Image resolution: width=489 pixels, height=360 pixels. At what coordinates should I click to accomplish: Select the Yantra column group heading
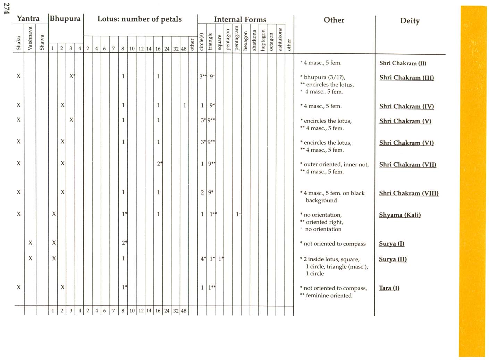[28, 18]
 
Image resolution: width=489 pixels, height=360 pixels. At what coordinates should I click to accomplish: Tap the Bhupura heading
[65, 18]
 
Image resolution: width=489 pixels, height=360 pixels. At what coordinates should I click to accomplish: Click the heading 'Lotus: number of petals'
[140, 19]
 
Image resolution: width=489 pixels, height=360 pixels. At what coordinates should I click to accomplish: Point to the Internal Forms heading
[240, 19]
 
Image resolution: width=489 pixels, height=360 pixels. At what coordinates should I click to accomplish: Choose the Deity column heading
[410, 21]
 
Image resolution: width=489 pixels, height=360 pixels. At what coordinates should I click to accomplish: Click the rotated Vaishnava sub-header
[30, 38]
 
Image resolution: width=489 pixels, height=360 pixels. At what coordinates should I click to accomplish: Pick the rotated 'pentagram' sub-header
[237, 38]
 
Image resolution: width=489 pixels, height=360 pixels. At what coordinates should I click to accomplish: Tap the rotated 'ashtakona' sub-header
[280, 39]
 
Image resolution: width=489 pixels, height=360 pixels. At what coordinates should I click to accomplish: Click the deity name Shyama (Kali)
[400, 215]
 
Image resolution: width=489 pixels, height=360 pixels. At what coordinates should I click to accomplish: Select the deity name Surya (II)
[393, 259]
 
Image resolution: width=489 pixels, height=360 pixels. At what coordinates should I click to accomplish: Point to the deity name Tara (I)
[389, 288]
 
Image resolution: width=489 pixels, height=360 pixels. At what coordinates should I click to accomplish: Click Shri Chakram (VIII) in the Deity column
[408, 193]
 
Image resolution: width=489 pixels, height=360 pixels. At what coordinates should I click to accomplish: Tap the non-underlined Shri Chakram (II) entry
[403, 63]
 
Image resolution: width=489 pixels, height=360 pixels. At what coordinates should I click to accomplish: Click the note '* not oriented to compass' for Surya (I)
[333, 244]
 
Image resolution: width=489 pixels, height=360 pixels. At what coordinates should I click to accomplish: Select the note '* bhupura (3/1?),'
[323, 77]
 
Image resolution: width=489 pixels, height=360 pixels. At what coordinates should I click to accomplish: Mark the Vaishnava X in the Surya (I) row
[31, 243]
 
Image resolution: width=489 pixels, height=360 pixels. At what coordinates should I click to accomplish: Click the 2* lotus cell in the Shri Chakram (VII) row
[159, 163]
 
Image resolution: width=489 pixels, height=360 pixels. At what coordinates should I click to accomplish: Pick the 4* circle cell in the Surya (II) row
[203, 258]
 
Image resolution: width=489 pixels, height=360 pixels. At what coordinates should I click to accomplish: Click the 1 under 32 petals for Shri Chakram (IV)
[185, 105]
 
